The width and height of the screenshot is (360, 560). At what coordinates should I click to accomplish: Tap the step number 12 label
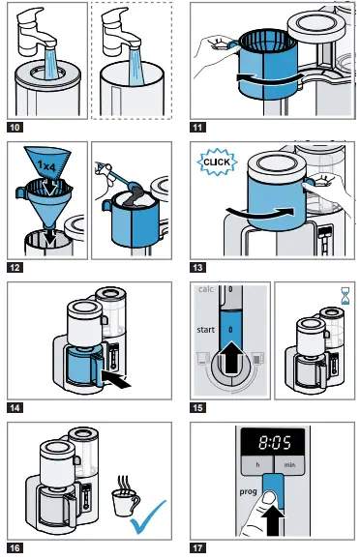point(16,266)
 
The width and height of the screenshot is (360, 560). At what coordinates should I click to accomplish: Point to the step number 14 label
point(16,406)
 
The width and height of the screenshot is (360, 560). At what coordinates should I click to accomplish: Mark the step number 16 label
point(16,547)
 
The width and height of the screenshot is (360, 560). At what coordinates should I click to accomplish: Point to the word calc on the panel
point(205,290)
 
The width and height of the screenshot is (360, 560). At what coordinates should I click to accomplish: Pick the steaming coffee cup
point(123,498)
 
